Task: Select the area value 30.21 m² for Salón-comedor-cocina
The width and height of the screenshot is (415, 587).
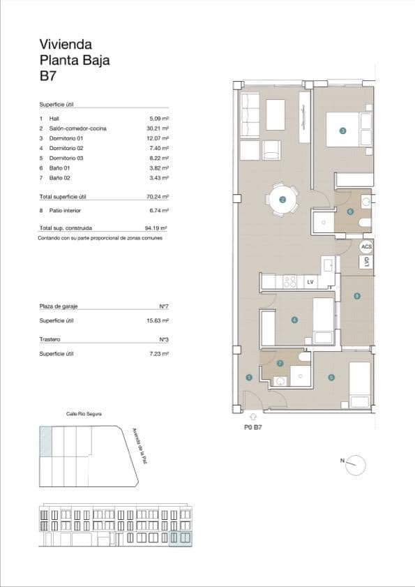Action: coord(159,128)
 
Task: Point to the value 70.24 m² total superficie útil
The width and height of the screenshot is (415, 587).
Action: coord(159,197)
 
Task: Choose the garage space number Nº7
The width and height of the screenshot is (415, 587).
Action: coord(165,307)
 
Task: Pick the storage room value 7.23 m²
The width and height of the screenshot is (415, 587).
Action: coord(160,354)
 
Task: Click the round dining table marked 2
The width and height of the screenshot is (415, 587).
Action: coord(282,200)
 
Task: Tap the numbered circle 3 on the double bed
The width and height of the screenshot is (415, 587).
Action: coord(342,131)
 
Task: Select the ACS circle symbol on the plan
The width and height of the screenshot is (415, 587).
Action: coord(366,247)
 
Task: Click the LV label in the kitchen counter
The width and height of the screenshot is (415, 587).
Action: coord(310,282)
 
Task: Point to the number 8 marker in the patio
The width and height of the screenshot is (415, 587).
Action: coord(357,296)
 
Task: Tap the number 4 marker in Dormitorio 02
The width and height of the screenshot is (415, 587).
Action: coord(294,320)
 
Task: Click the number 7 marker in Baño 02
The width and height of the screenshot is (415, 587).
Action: coord(280,363)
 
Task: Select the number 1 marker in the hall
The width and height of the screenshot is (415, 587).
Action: coord(249,378)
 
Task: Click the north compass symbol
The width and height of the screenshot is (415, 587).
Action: coord(356,463)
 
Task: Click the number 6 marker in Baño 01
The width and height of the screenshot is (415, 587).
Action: coord(350,211)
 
